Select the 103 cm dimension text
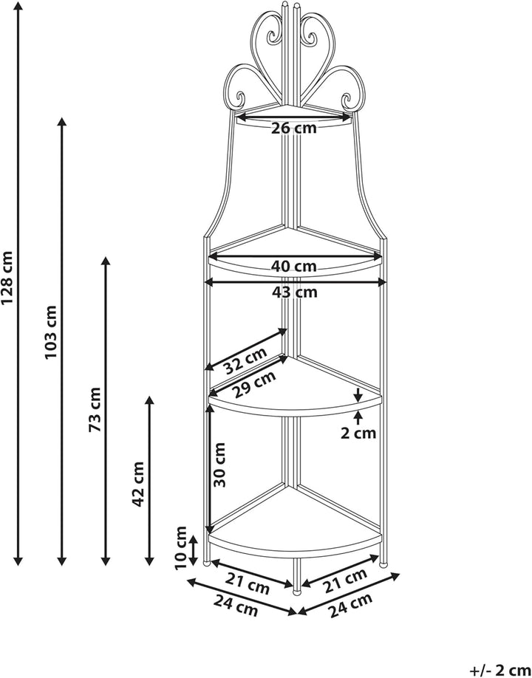coord(50,332)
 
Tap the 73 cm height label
coord(95,409)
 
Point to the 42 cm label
coord(138,484)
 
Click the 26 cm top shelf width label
coord(294,129)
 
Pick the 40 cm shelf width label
coord(294,267)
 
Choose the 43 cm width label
coord(295,292)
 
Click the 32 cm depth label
coord(245,360)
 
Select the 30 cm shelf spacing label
coord(220,465)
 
